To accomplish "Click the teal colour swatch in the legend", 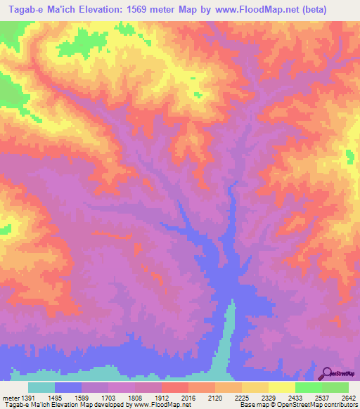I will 41,387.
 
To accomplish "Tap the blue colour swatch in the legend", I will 68,387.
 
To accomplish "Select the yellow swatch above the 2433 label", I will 282,387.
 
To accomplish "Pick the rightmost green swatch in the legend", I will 335,387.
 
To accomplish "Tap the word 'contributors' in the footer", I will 342,405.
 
